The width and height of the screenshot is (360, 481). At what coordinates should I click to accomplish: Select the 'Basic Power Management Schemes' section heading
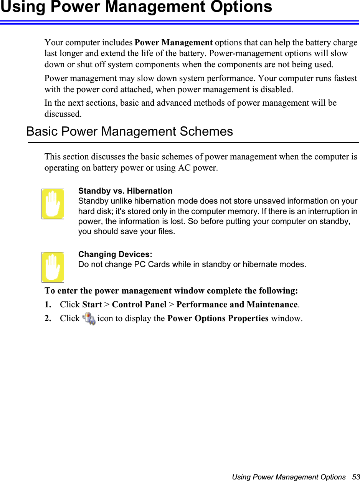pyautogui.click(x=129, y=131)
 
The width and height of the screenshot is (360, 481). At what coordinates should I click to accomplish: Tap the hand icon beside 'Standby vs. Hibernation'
pyautogui.click(x=53, y=204)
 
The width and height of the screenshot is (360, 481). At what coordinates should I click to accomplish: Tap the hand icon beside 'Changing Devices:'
pyautogui.click(x=53, y=267)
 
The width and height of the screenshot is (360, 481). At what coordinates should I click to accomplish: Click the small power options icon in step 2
pyautogui.click(x=89, y=319)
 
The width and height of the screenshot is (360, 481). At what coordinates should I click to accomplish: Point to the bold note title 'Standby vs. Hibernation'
pyautogui.click(x=125, y=191)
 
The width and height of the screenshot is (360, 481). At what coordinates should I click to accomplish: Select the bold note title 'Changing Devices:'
pyautogui.click(x=115, y=254)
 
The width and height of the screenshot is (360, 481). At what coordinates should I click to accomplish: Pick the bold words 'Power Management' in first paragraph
pyautogui.click(x=174, y=42)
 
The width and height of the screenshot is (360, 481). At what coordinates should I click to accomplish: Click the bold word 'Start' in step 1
pyautogui.click(x=92, y=305)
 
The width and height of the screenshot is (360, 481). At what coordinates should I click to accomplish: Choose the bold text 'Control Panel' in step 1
pyautogui.click(x=139, y=305)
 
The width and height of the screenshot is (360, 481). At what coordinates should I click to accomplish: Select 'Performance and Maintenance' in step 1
pyautogui.click(x=237, y=305)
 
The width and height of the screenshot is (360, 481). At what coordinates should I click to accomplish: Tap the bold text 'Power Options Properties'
pyautogui.click(x=218, y=318)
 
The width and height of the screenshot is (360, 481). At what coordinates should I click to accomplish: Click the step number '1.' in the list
pyautogui.click(x=48, y=305)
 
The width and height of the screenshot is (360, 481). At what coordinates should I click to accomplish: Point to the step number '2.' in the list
pyautogui.click(x=48, y=318)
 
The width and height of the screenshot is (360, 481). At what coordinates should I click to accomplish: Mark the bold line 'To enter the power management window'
pyautogui.click(x=171, y=290)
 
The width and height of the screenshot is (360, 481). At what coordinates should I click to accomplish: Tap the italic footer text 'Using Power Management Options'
pyautogui.click(x=289, y=477)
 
